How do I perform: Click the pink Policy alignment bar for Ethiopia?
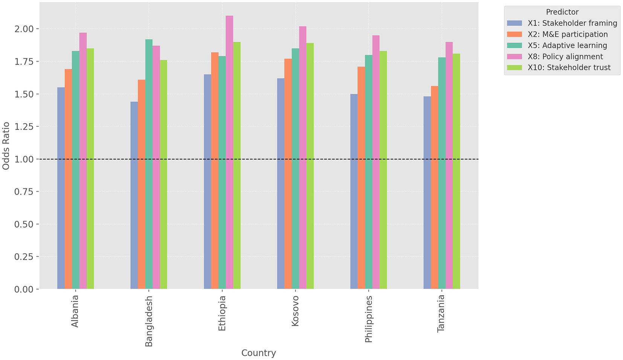[x=229, y=152]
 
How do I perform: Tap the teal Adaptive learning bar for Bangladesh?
[x=149, y=164]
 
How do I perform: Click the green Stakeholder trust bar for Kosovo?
[x=310, y=166]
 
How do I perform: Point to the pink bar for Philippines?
[x=376, y=162]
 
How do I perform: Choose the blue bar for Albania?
[x=61, y=188]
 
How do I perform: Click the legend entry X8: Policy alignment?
[x=565, y=57]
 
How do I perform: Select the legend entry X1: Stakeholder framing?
[x=572, y=23]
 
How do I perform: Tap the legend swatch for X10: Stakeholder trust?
[x=515, y=68]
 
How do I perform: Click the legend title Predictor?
[x=562, y=12]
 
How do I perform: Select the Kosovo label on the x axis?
[x=295, y=311]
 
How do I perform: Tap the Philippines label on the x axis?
[x=368, y=319]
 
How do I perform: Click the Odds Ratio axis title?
[x=6, y=146]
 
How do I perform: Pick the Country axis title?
[x=258, y=353]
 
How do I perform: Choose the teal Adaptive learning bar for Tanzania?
[x=442, y=173]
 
